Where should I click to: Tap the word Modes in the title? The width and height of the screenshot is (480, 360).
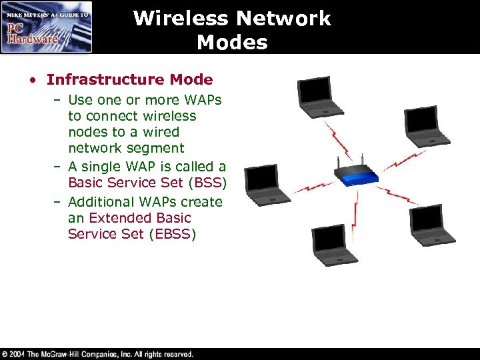tap(232, 43)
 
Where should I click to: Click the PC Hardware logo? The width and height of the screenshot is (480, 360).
tap(47, 27)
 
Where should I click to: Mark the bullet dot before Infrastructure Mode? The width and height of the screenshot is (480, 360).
tap(32, 81)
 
